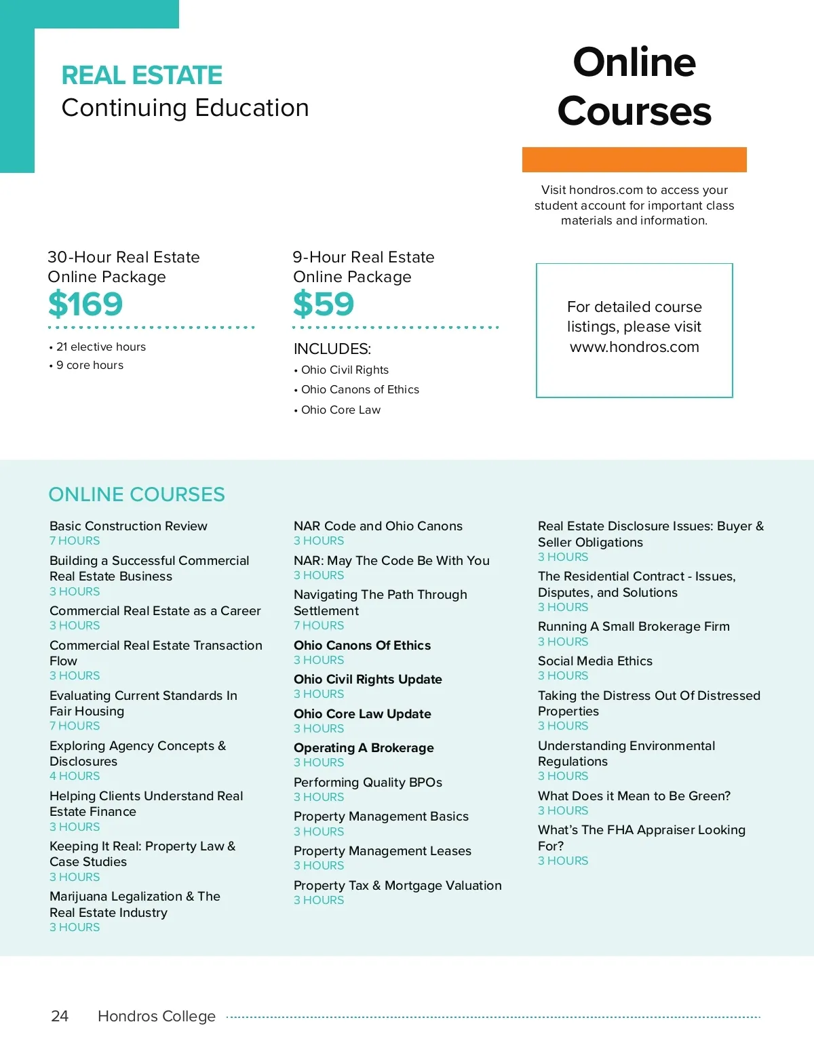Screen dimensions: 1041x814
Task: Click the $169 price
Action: (x=85, y=304)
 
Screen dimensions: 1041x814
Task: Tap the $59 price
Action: (x=324, y=304)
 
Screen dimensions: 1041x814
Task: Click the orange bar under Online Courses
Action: (x=634, y=159)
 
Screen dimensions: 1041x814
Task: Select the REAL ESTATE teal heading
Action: (x=142, y=75)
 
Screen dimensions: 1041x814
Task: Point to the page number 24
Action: (x=60, y=1016)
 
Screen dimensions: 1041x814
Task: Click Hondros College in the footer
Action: (x=157, y=1016)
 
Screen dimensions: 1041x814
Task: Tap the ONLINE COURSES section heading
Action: (x=136, y=494)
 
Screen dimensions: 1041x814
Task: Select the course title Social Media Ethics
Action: (x=595, y=661)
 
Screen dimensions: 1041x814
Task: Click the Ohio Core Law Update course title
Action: (x=362, y=713)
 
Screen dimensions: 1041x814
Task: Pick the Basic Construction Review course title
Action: (x=128, y=526)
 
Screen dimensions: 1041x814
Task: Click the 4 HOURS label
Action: (x=75, y=776)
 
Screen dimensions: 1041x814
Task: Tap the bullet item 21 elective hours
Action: (x=100, y=347)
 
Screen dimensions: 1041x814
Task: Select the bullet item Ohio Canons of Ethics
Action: (x=360, y=389)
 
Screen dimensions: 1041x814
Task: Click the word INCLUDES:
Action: (x=332, y=349)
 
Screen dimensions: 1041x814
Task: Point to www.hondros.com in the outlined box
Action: (x=634, y=347)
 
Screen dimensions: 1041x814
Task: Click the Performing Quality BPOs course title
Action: (x=368, y=782)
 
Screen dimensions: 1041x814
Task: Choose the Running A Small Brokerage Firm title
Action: (x=634, y=626)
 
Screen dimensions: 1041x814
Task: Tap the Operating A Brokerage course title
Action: (x=364, y=747)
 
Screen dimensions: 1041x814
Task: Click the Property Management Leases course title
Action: (x=382, y=850)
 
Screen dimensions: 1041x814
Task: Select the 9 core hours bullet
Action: (x=90, y=365)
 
